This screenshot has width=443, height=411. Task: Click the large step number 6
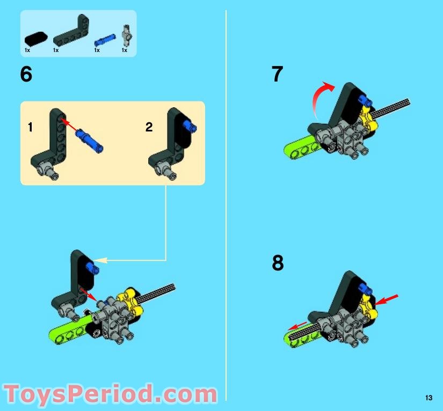pos(26,75)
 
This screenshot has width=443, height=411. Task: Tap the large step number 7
pos(277,75)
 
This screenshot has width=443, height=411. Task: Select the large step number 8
pos(278,263)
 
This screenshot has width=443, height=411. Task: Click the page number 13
pos(428,398)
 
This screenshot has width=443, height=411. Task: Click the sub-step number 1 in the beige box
pos(31,127)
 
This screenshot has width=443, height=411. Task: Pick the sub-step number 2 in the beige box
pos(149,127)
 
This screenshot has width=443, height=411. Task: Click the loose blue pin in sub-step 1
pos(89,138)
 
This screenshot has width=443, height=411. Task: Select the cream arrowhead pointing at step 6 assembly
pos(101,261)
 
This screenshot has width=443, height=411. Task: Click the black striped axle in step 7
pos(395,107)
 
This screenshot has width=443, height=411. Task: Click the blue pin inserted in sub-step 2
pos(189,127)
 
